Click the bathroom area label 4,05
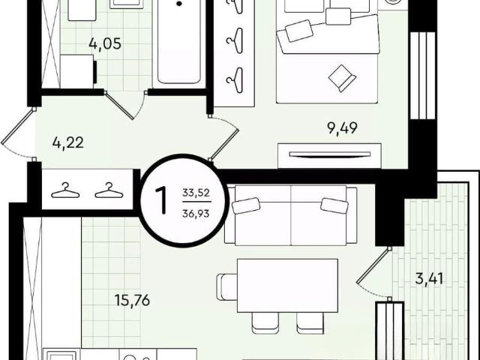coord(105,43)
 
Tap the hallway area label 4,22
coord(68,143)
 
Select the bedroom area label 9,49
coord(342,128)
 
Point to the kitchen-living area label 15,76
coord(132,301)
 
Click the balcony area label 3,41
coord(429,279)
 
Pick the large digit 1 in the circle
coord(161,200)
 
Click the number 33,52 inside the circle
coord(196,193)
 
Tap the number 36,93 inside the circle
coord(196,213)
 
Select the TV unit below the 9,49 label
coord(329,156)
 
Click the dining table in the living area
coord(287,286)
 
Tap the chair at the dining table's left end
coord(227,286)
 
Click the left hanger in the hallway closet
coord(65,190)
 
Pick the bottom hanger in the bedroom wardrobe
coord(235,80)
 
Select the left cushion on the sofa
coord(246,205)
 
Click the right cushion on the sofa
coord(334,205)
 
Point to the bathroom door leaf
coord(119,106)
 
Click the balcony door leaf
coord(373,265)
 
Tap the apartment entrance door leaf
coord(18,126)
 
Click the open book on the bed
coord(342,78)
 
